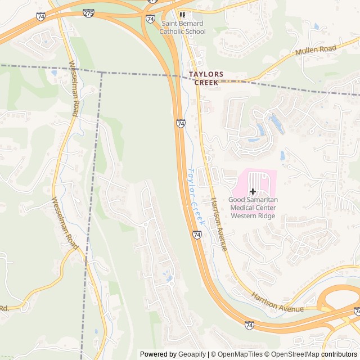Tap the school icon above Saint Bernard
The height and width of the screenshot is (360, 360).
click(x=182, y=15)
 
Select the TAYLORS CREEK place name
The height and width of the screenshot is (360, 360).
click(x=206, y=78)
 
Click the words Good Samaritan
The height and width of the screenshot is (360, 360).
click(x=253, y=200)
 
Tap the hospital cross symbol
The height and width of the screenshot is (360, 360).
click(x=253, y=191)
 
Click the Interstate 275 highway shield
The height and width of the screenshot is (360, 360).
click(x=152, y=2)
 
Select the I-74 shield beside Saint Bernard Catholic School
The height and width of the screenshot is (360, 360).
click(x=150, y=19)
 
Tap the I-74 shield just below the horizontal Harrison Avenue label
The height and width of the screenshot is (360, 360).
click(x=249, y=325)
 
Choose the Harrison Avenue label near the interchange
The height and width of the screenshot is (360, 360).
click(x=277, y=303)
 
